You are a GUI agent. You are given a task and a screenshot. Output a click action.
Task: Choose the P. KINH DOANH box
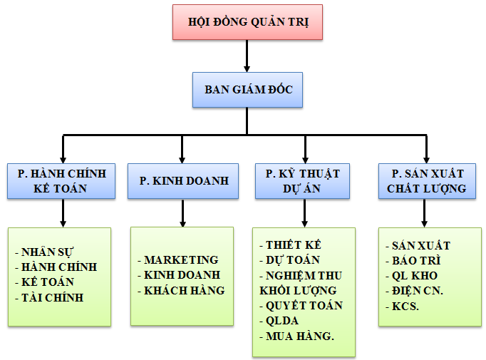pos(183,181)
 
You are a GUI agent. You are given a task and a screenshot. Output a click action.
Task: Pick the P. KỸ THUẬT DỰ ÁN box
pos(303,181)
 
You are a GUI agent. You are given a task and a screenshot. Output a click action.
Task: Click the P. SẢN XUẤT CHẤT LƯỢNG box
pos(425,181)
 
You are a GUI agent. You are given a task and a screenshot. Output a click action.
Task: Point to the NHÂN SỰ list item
pos(48,252)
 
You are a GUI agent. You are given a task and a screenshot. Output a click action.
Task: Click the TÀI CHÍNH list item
pos(53,297)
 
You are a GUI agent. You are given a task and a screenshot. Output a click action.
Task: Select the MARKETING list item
pos(181,259)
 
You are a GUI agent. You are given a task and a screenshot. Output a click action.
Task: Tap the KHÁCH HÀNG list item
pos(185,290)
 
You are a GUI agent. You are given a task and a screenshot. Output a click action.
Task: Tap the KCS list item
pos(407,305)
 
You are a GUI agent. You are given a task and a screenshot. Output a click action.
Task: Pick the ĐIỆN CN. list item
pos(418,290)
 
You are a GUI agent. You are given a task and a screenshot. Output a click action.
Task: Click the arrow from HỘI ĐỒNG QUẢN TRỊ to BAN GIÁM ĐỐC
pos(247,56)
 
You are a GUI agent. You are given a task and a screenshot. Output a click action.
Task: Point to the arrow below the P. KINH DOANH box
pos(183,212)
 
